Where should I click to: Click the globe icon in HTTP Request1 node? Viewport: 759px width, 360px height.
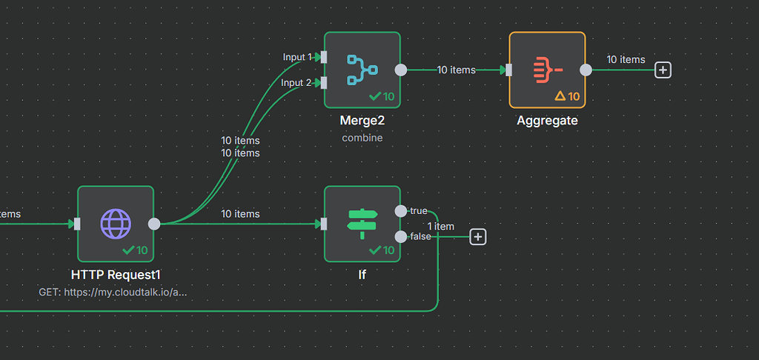[x=115, y=223]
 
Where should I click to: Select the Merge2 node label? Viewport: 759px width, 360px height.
[x=362, y=120]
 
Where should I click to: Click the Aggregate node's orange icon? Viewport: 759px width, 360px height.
[x=547, y=70]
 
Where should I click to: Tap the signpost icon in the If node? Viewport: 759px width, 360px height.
[x=362, y=223]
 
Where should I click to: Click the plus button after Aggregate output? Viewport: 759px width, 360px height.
[x=663, y=70]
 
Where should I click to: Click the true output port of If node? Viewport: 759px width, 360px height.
[x=401, y=211]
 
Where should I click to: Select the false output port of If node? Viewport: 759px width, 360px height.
[x=401, y=236]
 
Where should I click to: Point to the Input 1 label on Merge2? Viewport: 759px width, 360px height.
[x=297, y=57]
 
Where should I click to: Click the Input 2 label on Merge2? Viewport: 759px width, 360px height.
[x=296, y=83]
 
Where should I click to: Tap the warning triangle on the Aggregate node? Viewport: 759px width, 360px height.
[x=560, y=96]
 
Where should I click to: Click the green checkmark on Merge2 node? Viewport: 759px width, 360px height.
[x=375, y=96]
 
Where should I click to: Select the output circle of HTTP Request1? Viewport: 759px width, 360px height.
[x=154, y=224]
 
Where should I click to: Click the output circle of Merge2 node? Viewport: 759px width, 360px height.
[x=401, y=70]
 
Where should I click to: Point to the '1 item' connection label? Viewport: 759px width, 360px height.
[x=441, y=227]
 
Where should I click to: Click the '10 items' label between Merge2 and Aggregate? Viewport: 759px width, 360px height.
[x=456, y=70]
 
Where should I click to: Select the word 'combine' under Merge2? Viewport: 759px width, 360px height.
[x=362, y=138]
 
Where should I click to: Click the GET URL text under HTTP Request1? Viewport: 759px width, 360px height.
[x=113, y=293]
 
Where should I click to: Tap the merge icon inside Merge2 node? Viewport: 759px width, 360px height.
[x=362, y=70]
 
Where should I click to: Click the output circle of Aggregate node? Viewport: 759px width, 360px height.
[x=586, y=70]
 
